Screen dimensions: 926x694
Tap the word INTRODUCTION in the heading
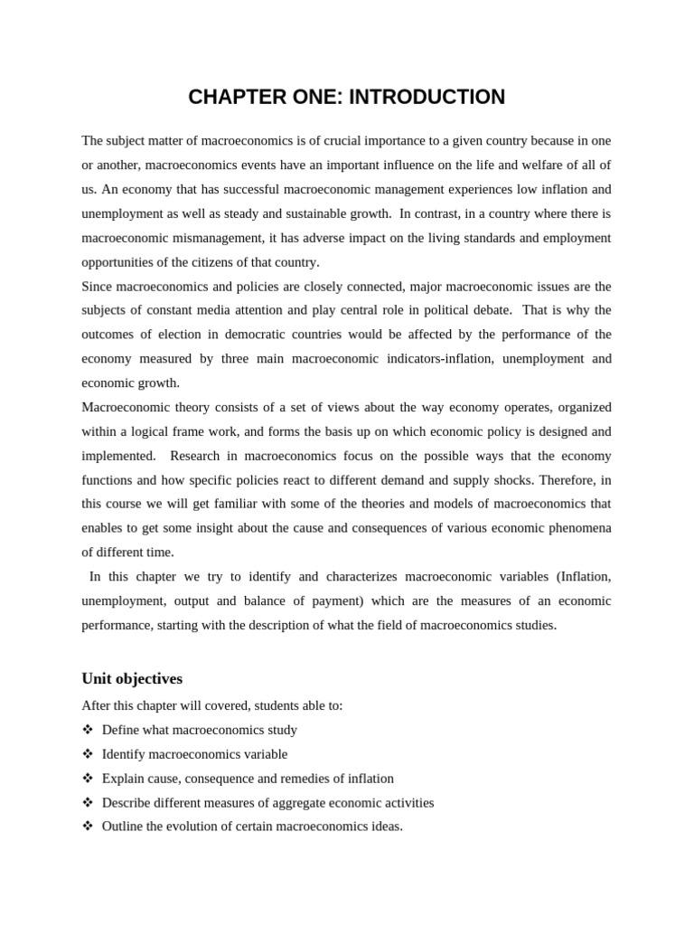[x=427, y=98]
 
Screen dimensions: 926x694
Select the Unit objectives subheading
[x=132, y=678]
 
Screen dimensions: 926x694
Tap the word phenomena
[x=577, y=528]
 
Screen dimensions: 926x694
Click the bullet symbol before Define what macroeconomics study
[x=88, y=730]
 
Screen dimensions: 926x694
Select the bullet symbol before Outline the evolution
[x=88, y=827]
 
